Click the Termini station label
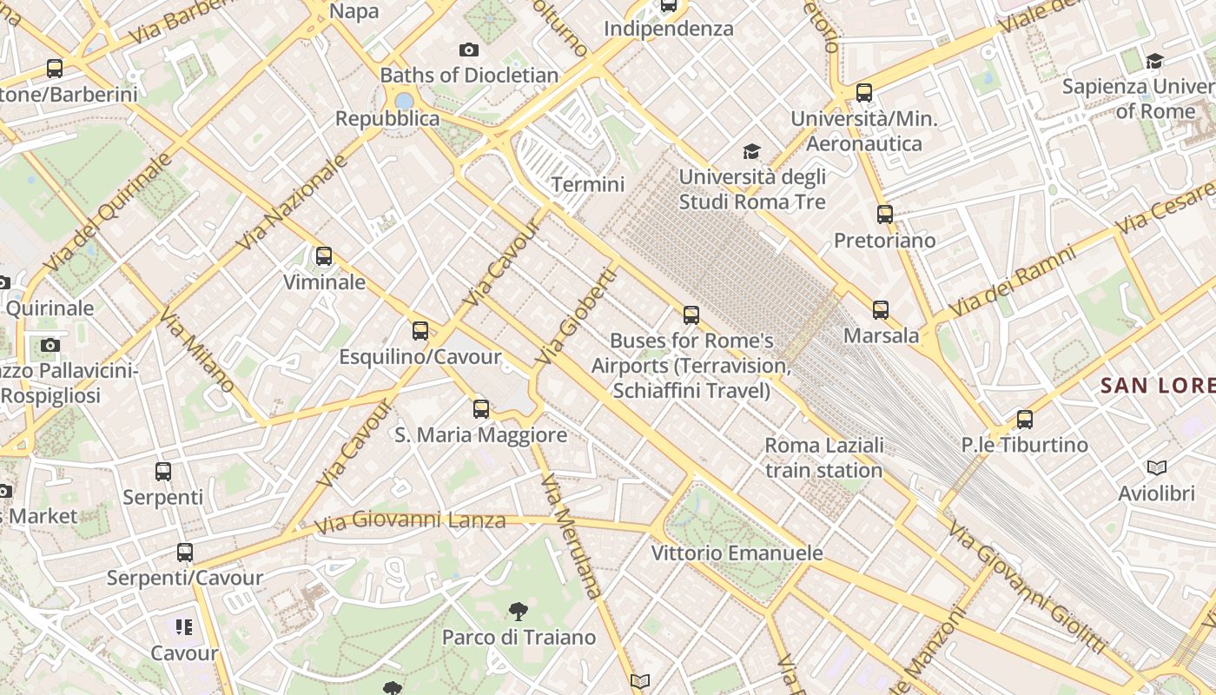(588, 184)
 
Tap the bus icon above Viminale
(324, 255)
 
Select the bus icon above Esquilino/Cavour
(420, 330)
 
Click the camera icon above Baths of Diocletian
(469, 50)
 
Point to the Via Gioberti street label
(576, 316)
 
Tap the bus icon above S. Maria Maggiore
(481, 408)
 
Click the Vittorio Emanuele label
(737, 553)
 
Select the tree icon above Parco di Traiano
(519, 611)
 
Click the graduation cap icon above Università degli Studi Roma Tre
(751, 151)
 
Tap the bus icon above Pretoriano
(885, 214)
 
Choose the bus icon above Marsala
(881, 309)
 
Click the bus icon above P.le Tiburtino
(1025, 420)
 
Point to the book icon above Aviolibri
(1156, 468)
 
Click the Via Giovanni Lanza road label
(410, 521)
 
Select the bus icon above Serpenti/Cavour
(185, 552)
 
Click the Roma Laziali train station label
(823, 458)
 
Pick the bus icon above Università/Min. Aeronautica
(864, 93)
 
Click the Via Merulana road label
(571, 536)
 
